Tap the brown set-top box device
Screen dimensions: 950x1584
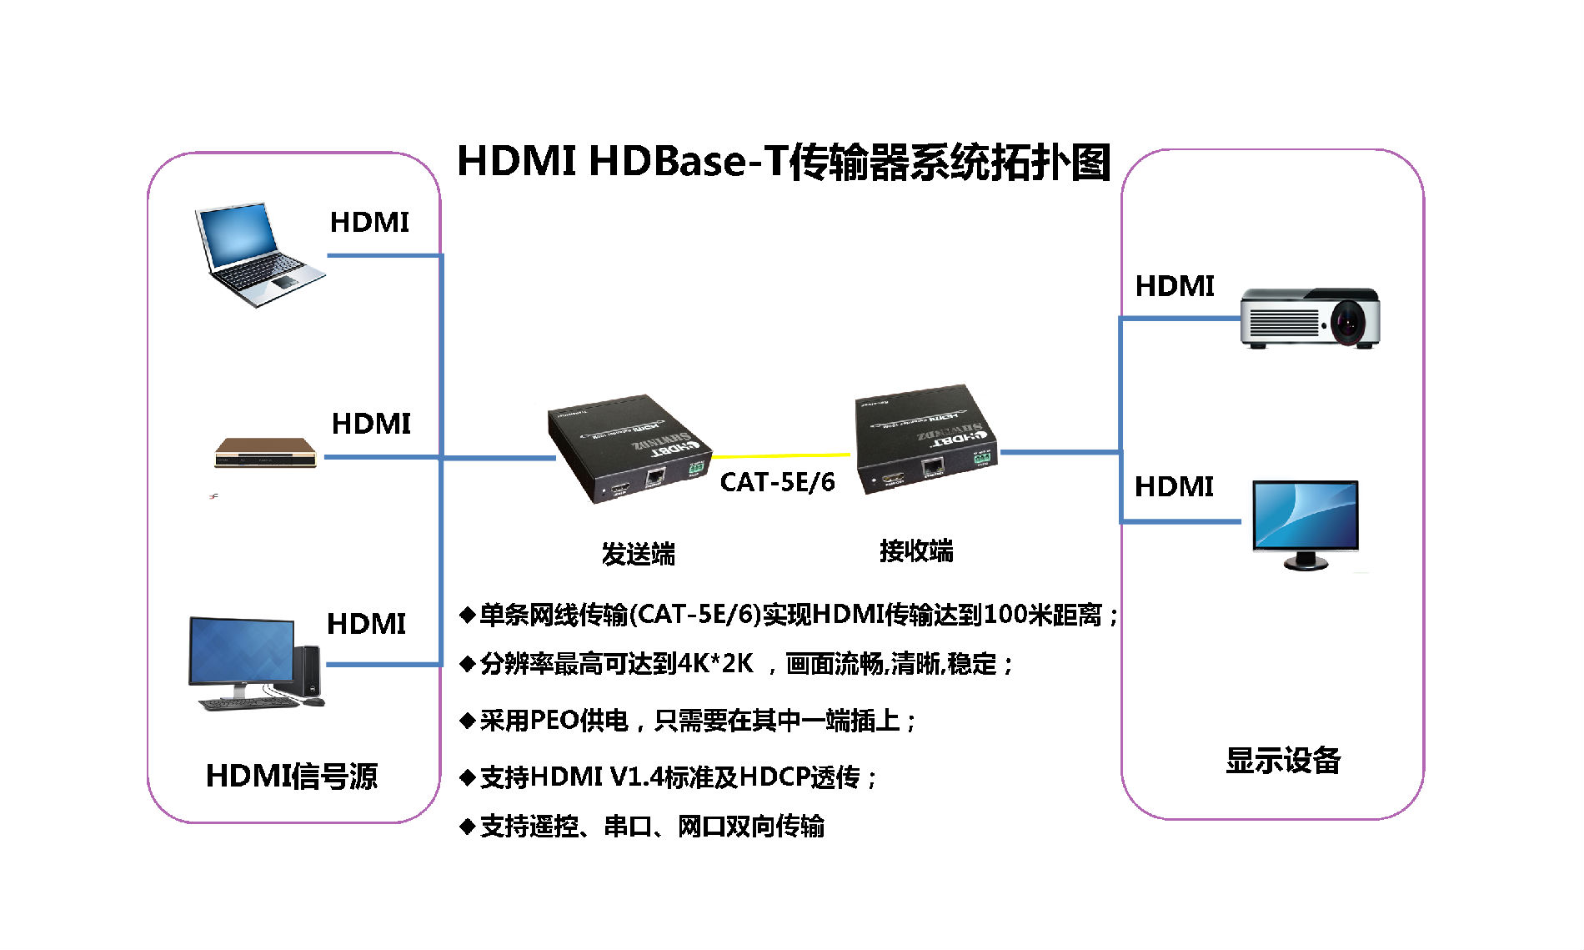click(x=265, y=453)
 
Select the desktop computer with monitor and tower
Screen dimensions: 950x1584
click(x=253, y=663)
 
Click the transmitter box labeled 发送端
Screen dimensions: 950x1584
click(x=629, y=448)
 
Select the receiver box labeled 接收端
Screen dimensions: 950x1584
click(x=925, y=439)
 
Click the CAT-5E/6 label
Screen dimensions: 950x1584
click(x=777, y=482)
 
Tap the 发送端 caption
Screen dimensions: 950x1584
click(x=638, y=554)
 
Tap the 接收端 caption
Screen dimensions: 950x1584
click(x=916, y=550)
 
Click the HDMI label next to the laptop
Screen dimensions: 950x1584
click(x=369, y=223)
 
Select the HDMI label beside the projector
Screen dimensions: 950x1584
click(x=1174, y=286)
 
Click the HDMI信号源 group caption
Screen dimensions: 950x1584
click(x=291, y=776)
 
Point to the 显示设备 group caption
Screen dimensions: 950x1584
click(x=1282, y=760)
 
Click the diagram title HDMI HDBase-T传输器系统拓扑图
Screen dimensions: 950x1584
click(x=784, y=161)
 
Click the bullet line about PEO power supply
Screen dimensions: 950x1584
click(x=688, y=720)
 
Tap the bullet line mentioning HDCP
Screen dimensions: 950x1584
click(x=668, y=777)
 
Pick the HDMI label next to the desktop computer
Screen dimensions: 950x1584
click(x=366, y=624)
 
